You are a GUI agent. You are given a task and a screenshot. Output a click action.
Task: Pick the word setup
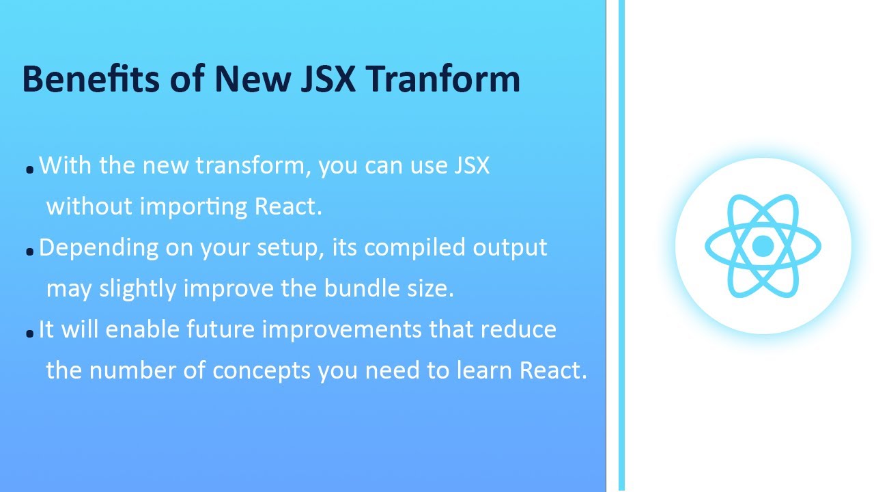pos(290,248)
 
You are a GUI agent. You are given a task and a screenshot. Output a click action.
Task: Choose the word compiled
pos(415,248)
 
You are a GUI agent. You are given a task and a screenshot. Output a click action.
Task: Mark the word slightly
pos(137,288)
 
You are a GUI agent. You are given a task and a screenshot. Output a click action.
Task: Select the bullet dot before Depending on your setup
pos(29,252)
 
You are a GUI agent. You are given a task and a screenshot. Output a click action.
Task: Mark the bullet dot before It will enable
pos(29,334)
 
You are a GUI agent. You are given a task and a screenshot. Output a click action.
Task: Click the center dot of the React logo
pos(763,246)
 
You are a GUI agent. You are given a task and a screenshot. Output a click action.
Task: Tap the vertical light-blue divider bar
pos(621,246)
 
